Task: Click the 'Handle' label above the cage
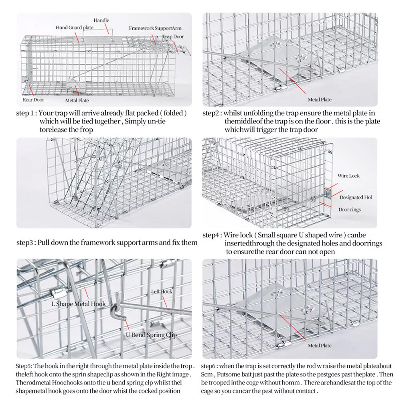pyautogui.click(x=101, y=20)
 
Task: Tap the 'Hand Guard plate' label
pyautogui.click(x=74, y=28)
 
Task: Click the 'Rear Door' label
pyautogui.click(x=33, y=99)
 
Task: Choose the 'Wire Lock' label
pyautogui.click(x=348, y=176)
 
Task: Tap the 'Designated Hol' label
pyautogui.click(x=356, y=197)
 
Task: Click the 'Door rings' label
pyautogui.click(x=349, y=209)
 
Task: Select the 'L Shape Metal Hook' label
pyautogui.click(x=79, y=304)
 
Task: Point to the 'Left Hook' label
pyautogui.click(x=162, y=292)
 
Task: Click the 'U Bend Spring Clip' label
pyautogui.click(x=151, y=335)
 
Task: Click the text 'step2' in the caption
pyautogui.click(x=211, y=113)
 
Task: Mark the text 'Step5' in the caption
pyautogui.click(x=24, y=366)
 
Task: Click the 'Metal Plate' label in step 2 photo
pyautogui.click(x=320, y=99)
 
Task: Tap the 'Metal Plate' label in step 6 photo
pyautogui.click(x=320, y=345)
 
